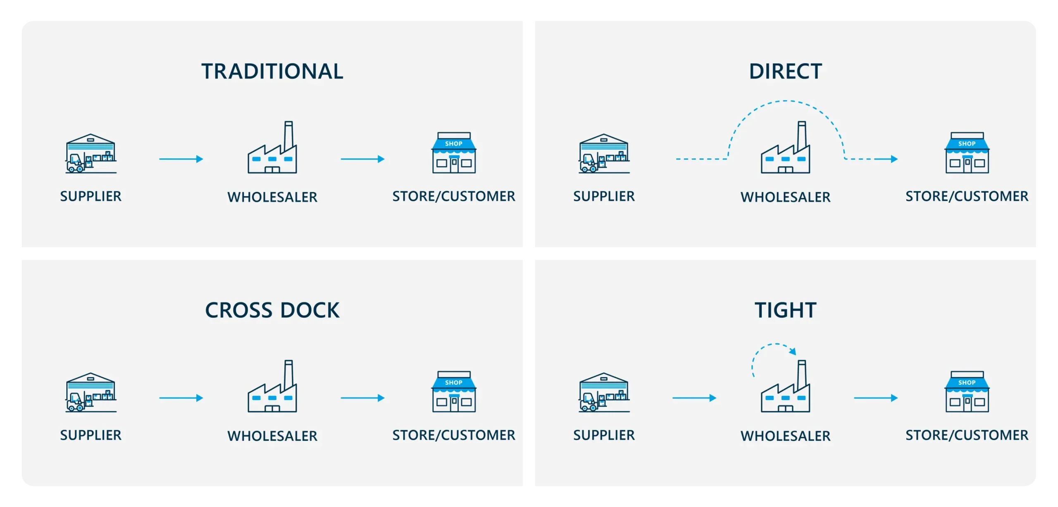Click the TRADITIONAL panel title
point(272,71)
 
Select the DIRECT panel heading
point(785,71)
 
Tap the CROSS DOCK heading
point(272,310)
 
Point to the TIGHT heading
point(785,310)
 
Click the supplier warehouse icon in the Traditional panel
point(91,153)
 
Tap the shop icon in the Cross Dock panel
point(454,392)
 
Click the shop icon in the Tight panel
point(967,392)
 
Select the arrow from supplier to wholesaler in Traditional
point(181,159)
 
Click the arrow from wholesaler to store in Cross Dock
point(362,398)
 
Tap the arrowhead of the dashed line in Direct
point(894,159)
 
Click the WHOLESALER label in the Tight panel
point(785,436)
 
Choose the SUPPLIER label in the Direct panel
point(604,196)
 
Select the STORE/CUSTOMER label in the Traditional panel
point(454,196)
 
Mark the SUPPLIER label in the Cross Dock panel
point(91,435)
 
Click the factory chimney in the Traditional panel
point(288,134)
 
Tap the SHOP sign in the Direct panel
point(967,144)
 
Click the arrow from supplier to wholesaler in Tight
point(694,398)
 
